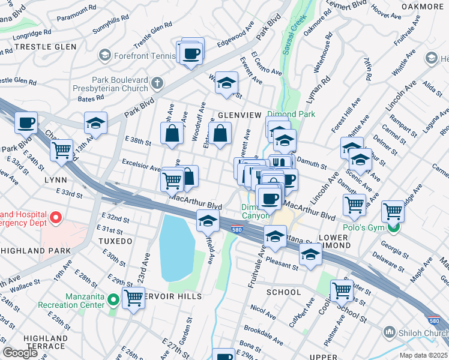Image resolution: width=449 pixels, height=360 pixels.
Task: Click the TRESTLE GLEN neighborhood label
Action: tap(46, 46)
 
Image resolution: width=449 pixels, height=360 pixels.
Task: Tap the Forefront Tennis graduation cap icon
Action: tap(106, 56)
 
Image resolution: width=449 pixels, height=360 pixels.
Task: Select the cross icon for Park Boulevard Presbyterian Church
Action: tap(157, 83)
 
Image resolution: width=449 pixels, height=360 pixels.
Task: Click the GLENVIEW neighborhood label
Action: tap(240, 115)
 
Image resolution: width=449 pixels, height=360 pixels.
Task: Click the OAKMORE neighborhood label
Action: tap(421, 7)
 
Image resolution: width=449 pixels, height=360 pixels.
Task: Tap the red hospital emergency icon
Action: tap(56, 217)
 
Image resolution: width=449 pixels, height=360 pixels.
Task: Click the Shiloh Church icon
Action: tap(390, 332)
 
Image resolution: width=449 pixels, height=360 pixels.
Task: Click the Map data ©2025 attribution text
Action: tap(424, 355)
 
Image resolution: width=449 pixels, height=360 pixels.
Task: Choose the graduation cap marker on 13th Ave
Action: tap(96, 124)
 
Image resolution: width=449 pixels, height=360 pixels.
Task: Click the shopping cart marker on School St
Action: tap(342, 290)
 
